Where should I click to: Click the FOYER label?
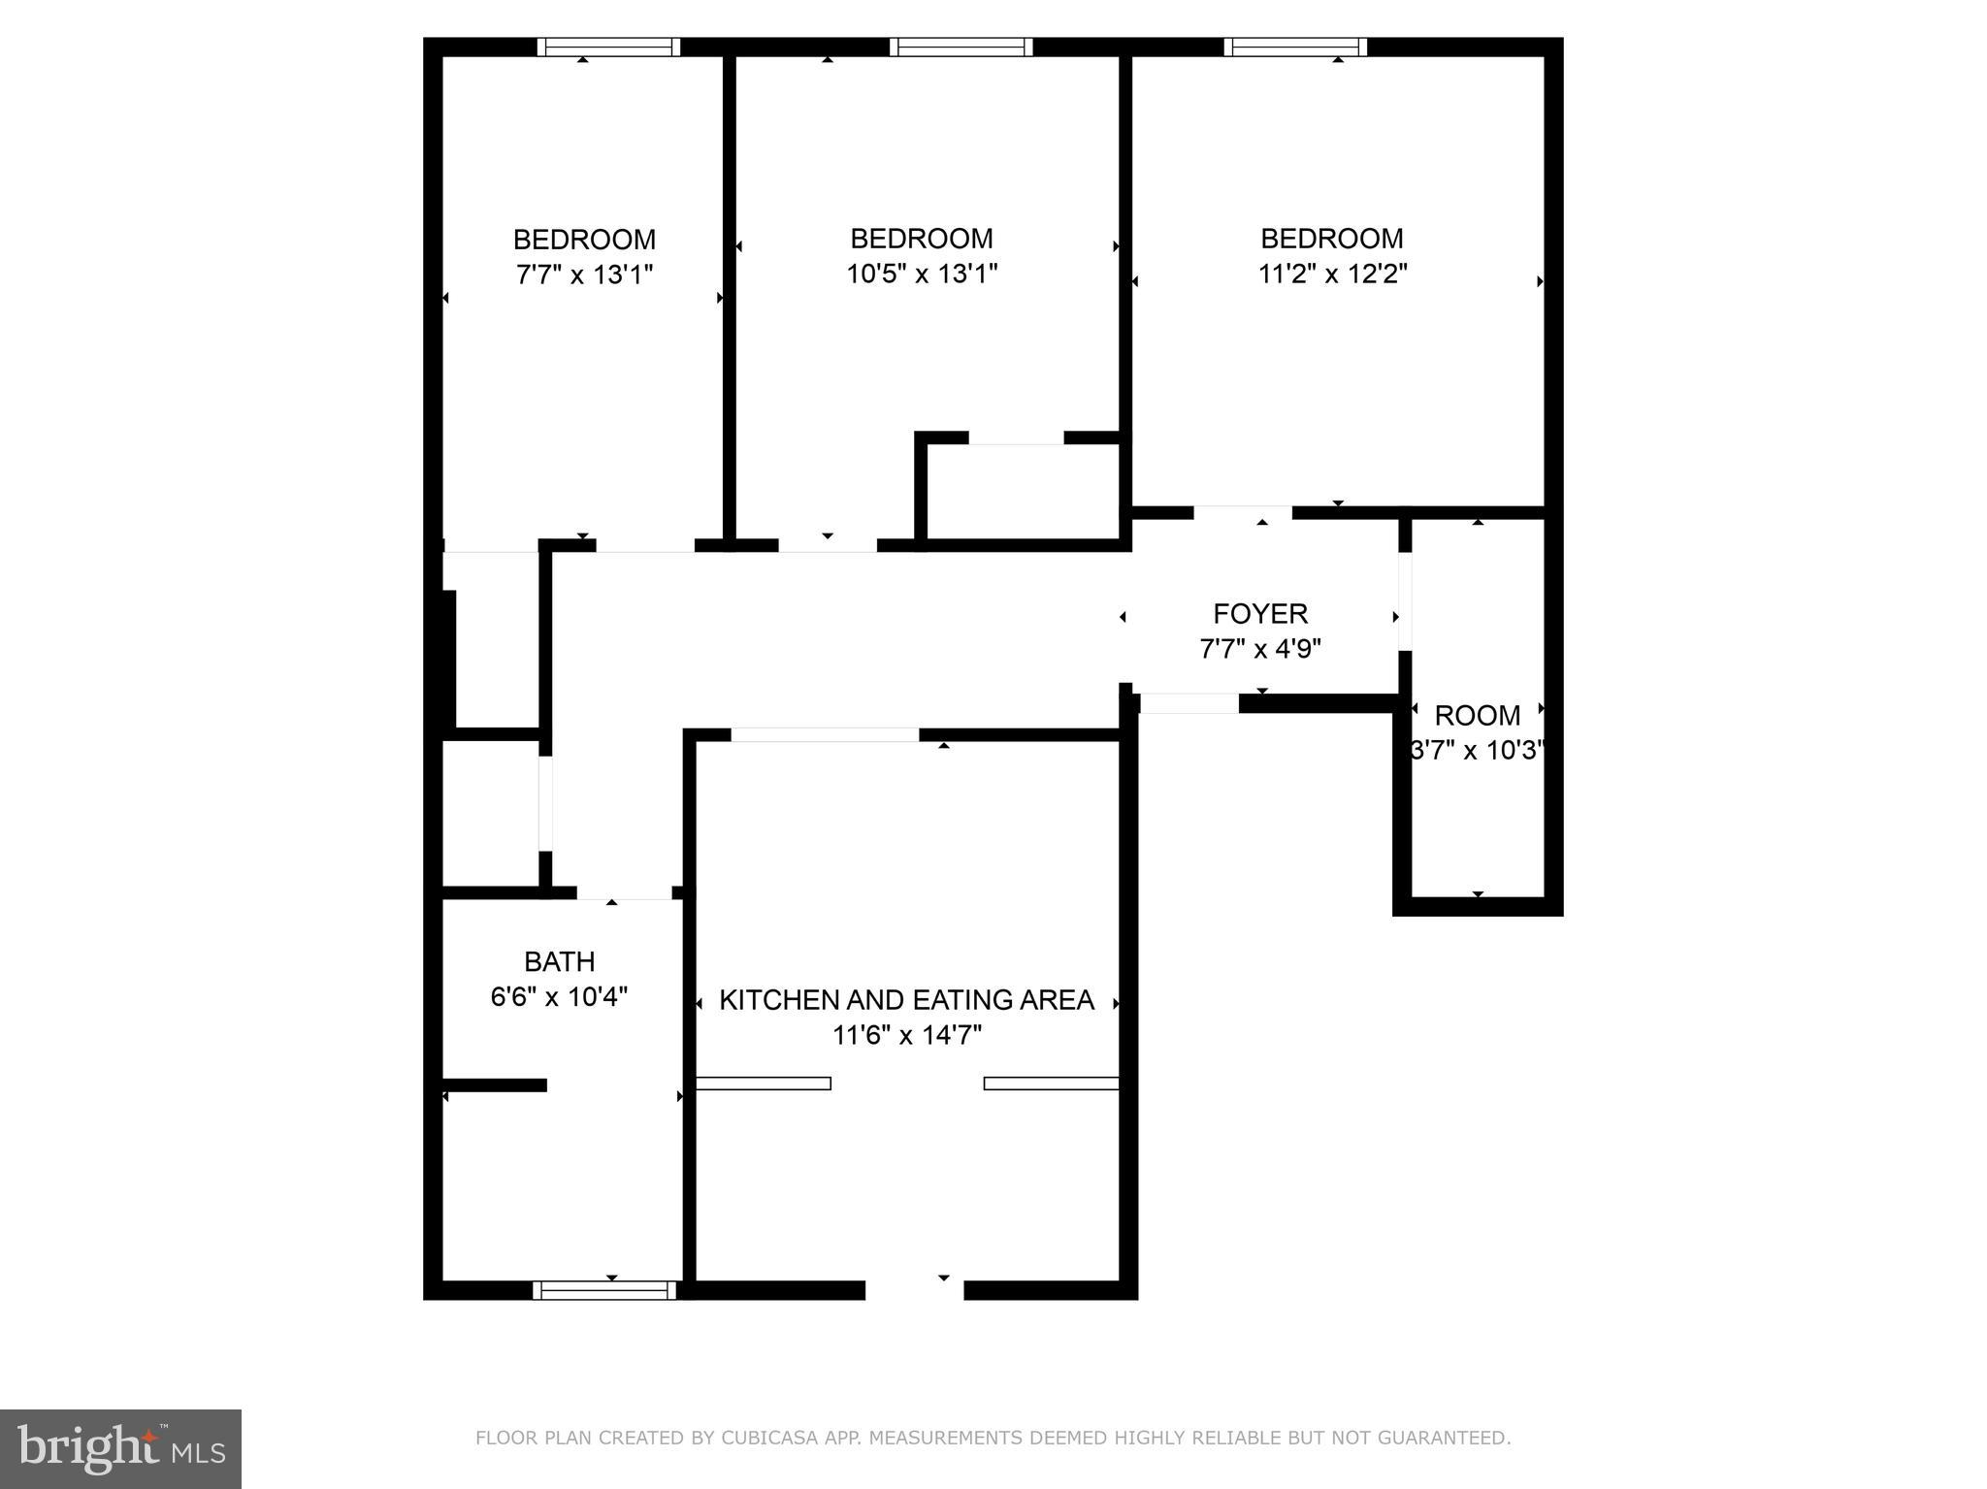1259,614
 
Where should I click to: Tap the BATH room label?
559,961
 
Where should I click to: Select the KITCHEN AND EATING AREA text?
906,1000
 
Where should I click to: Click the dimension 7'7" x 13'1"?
584,275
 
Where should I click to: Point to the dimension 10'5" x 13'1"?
922,274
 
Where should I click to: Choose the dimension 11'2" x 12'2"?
1332,274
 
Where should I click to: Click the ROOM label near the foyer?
1477,716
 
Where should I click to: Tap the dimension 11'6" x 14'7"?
906,1035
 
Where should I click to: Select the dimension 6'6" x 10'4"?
559,996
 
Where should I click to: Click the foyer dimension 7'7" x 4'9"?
1259,649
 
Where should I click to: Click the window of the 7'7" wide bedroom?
608,47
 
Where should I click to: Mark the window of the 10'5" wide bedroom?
961,47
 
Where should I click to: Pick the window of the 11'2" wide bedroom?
1294,47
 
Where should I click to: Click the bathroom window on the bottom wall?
604,1290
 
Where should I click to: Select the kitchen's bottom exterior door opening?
914,1290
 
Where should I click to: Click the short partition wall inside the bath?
495,1084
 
